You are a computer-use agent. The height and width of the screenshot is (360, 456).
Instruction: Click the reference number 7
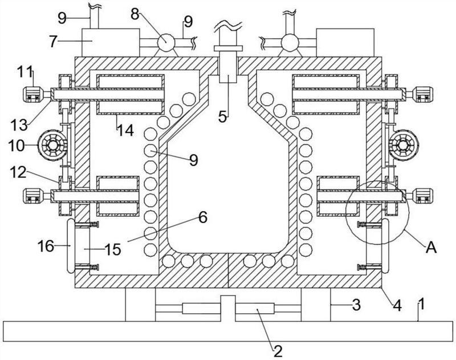click(53, 41)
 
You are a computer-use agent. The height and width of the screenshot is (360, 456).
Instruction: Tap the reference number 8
click(135, 14)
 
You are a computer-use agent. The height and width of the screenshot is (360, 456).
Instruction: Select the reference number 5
click(222, 117)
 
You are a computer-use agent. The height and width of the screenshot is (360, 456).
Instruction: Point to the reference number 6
click(203, 217)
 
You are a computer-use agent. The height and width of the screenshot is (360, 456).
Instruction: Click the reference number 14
click(125, 130)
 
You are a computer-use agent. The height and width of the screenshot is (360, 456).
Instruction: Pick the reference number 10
click(17, 145)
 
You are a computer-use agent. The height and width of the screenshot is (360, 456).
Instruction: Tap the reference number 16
click(46, 246)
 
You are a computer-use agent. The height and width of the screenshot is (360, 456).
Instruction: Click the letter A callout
click(431, 248)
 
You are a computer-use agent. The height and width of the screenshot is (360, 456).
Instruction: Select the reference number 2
click(278, 351)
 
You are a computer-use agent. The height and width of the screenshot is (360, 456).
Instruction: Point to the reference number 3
click(356, 305)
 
